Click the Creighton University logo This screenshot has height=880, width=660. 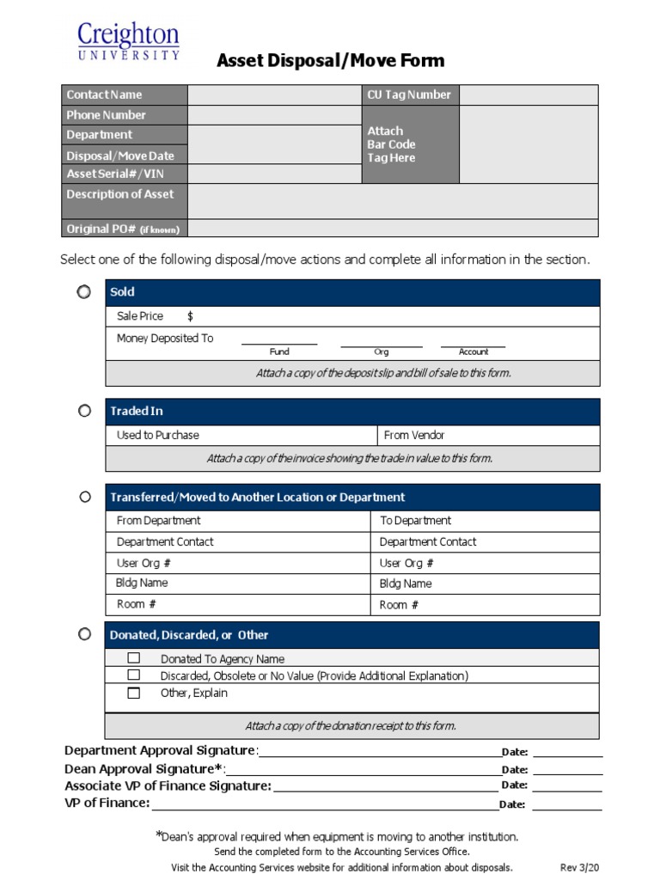click(x=128, y=41)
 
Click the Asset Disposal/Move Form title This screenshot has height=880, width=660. click(x=330, y=60)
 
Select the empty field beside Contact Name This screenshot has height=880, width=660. click(x=273, y=95)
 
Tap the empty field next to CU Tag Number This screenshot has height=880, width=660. click(x=529, y=95)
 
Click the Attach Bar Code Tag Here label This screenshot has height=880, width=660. click(x=391, y=144)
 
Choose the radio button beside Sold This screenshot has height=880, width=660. click(x=83, y=292)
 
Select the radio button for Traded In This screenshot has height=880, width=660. click(x=84, y=411)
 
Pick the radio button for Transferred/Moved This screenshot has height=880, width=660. click(x=84, y=497)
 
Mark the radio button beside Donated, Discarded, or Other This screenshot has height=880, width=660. click(x=84, y=634)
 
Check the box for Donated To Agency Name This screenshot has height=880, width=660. click(x=133, y=658)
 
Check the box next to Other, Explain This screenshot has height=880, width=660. click(x=133, y=693)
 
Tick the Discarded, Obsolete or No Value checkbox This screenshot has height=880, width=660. click(x=133, y=675)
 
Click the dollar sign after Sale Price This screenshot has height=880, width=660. click(x=190, y=316)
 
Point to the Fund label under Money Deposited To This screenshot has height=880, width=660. click(x=279, y=351)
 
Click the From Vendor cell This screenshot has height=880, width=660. click(x=488, y=435)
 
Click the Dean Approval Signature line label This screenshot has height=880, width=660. click(x=144, y=769)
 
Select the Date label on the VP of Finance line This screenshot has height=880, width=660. click(x=512, y=805)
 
